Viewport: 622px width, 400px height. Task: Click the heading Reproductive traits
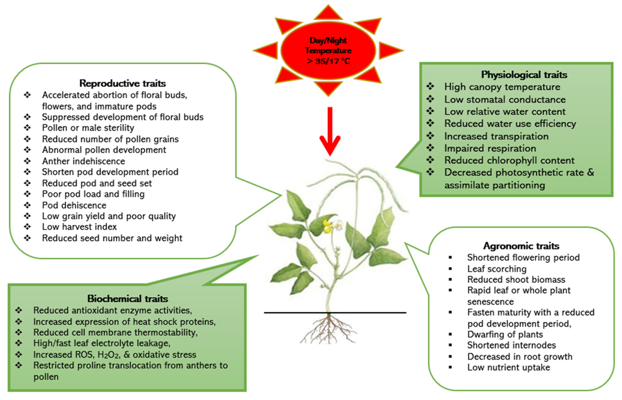click(x=122, y=83)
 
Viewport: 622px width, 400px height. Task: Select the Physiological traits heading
click(x=524, y=75)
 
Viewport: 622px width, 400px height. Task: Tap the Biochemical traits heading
click(x=127, y=299)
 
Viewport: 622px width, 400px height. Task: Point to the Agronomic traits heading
click(x=521, y=246)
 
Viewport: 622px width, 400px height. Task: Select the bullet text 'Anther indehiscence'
click(x=83, y=161)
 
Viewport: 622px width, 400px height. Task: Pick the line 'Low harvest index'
click(x=79, y=227)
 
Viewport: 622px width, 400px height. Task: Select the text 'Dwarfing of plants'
click(x=505, y=334)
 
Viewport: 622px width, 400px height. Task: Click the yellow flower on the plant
click(x=327, y=226)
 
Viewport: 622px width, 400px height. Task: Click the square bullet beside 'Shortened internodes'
click(x=450, y=345)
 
